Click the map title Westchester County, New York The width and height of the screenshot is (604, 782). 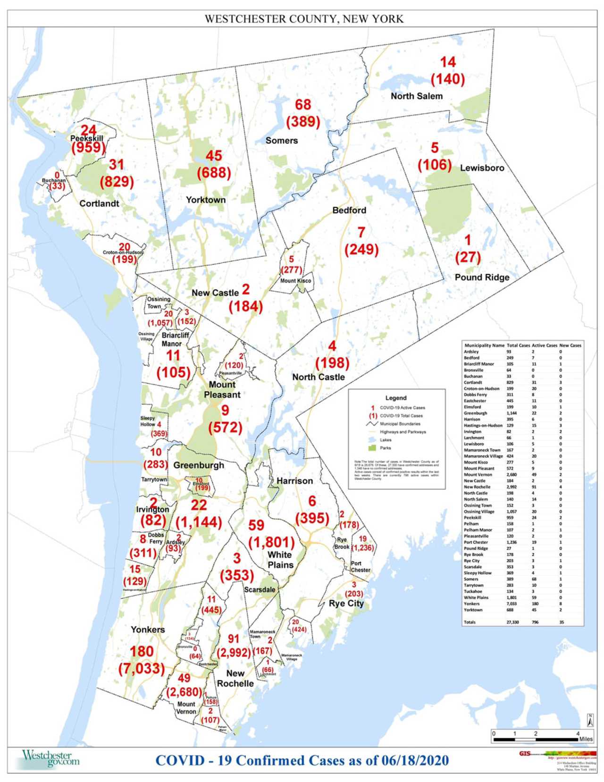click(x=303, y=19)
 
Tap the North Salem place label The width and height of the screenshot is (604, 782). click(x=416, y=96)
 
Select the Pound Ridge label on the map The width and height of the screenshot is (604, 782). click(x=482, y=277)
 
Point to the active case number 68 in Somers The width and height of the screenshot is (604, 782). click(x=303, y=105)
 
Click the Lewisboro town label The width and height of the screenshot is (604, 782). click(x=482, y=168)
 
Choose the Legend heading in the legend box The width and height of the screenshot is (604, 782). click(x=395, y=398)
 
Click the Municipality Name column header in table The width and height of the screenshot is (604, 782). click(x=484, y=345)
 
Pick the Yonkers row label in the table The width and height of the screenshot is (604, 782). click(x=471, y=604)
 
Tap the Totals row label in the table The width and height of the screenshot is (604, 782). click(x=470, y=622)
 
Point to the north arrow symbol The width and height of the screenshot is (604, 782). click(x=590, y=720)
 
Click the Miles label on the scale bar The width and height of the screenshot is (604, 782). click(x=586, y=739)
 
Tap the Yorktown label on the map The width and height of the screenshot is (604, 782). click(x=206, y=200)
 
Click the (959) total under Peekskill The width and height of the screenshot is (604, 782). click(x=89, y=148)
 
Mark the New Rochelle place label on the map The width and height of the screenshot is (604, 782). click(x=235, y=679)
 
